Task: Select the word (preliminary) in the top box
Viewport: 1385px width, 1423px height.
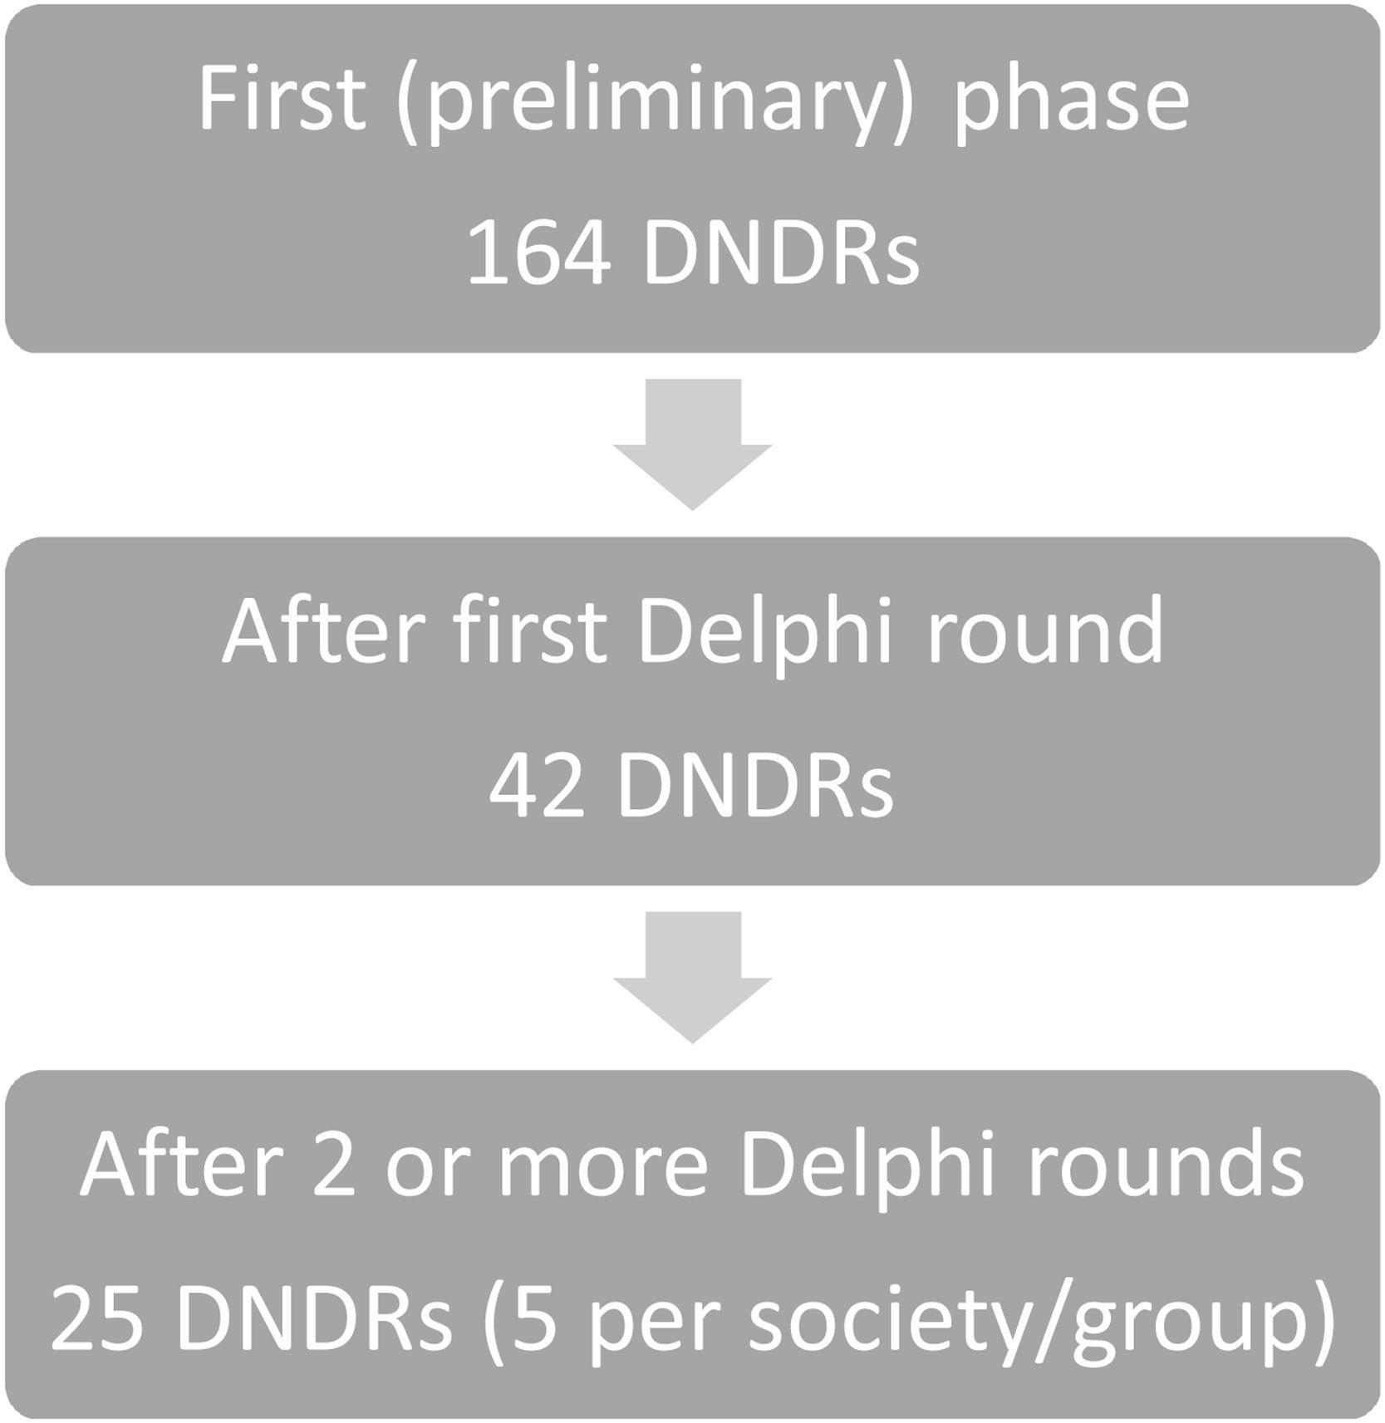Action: (x=651, y=105)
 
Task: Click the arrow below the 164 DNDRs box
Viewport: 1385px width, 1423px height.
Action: (x=692, y=444)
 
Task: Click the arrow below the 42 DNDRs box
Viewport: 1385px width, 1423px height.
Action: (x=692, y=978)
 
